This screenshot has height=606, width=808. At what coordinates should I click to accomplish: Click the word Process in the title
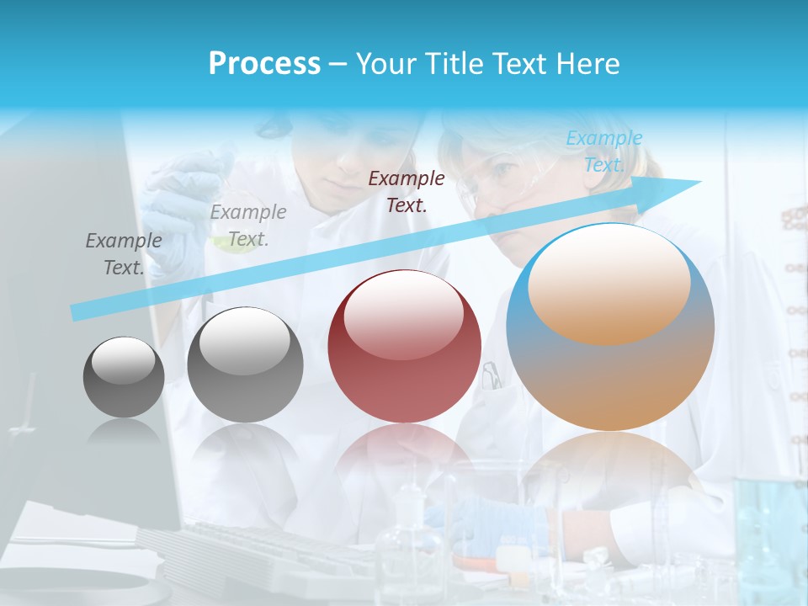[x=264, y=64]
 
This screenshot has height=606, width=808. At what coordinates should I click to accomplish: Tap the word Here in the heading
[x=587, y=64]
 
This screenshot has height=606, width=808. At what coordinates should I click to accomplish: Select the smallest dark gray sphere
[x=124, y=378]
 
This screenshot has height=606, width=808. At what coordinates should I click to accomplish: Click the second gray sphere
[x=245, y=364]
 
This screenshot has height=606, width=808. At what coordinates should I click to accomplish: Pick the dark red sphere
[x=404, y=347]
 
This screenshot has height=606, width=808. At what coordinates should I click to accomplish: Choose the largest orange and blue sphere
[x=610, y=327]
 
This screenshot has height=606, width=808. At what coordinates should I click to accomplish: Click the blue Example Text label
[x=603, y=151]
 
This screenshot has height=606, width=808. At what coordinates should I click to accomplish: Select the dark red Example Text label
[x=407, y=191]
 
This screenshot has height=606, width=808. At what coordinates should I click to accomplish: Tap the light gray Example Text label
[x=247, y=225]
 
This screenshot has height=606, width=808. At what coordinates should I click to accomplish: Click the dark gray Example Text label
[x=124, y=253]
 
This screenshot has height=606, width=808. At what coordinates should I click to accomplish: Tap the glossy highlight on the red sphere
[x=403, y=315]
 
